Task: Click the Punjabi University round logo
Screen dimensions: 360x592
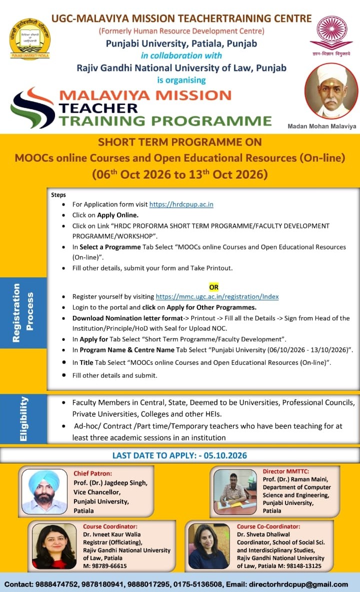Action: (30, 39)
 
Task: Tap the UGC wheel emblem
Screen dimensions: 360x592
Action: (331, 33)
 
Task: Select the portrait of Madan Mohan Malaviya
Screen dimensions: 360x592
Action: (331, 92)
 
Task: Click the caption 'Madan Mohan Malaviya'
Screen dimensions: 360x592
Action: (322, 126)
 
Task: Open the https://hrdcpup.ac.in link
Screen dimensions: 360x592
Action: (181, 204)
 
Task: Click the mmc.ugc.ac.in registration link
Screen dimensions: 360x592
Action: (217, 297)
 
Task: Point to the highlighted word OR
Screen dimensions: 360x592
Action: (214, 287)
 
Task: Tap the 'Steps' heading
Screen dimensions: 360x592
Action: (58, 195)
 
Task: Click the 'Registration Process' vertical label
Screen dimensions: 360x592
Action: (23, 313)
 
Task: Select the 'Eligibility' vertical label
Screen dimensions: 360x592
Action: (23, 419)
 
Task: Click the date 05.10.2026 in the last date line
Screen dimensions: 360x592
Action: (225, 455)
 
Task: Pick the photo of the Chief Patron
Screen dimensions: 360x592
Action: (44, 491)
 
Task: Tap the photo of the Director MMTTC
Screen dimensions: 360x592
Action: (235, 492)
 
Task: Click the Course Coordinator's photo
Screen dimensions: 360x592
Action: (54, 546)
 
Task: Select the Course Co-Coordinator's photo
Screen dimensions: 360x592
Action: (209, 546)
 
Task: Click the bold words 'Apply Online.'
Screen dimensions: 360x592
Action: (117, 215)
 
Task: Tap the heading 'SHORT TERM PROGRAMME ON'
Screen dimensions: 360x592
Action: (180, 142)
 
